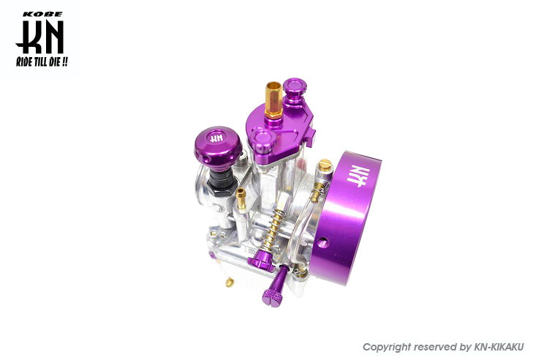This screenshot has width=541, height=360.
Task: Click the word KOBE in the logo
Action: [x=42, y=15]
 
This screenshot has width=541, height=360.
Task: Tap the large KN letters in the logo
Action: [x=39, y=37]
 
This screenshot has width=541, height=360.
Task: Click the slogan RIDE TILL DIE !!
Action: [x=42, y=62]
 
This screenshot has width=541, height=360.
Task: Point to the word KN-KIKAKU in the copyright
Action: [x=498, y=347]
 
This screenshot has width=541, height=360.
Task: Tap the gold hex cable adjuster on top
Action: [x=274, y=100]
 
